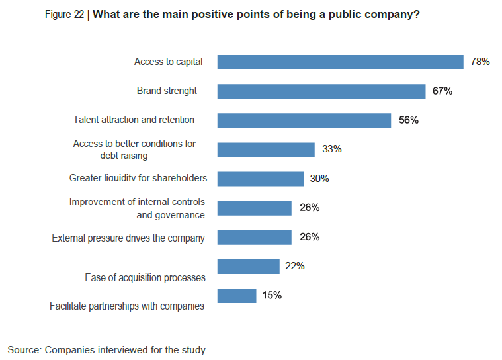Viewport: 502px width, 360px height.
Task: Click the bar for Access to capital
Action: coord(341,62)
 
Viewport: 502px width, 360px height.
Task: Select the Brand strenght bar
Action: coord(321,91)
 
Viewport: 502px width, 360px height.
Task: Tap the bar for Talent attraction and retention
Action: coord(304,120)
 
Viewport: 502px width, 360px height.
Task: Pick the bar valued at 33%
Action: coord(266,150)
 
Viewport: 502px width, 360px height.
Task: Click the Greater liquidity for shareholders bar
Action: coord(261,179)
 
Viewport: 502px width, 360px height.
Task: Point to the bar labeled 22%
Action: coord(249,267)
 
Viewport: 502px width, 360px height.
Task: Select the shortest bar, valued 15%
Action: coord(237,296)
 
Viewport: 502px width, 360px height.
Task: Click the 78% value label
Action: coord(480,62)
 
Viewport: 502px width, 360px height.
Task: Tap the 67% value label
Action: coord(442,91)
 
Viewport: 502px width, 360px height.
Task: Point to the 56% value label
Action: coord(409,120)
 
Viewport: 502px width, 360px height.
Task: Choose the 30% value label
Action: coord(319,179)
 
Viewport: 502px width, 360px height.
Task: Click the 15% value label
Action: coord(272,295)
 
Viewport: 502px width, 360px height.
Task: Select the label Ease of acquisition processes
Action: coord(145,278)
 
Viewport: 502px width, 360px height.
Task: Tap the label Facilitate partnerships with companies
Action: coord(127,306)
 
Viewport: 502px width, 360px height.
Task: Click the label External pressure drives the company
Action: coord(128,238)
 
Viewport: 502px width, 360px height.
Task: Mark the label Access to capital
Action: coord(169,62)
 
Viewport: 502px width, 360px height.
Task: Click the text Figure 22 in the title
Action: coord(64,15)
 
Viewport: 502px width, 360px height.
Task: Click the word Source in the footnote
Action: coord(24,350)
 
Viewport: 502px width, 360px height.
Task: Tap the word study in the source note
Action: coord(194,350)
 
